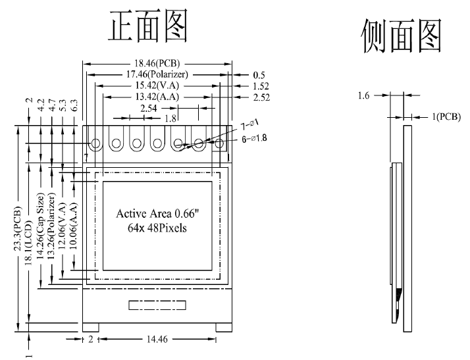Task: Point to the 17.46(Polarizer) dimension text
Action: pos(157,75)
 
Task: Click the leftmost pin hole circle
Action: pos(96,143)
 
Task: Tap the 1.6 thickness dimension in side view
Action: pos(363,96)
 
